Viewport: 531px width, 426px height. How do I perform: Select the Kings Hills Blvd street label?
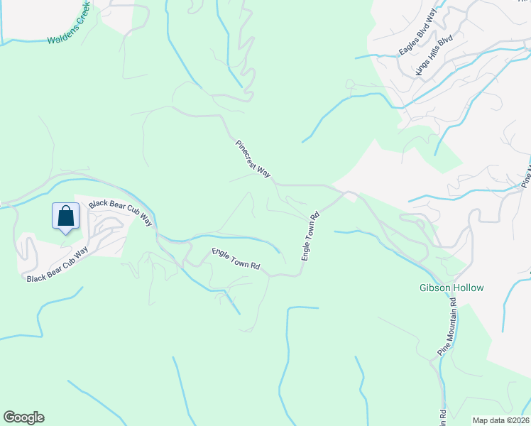434,54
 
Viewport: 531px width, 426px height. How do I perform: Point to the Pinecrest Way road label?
253,158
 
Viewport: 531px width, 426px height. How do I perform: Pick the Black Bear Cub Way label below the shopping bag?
57,264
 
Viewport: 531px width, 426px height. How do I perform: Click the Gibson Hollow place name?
451,288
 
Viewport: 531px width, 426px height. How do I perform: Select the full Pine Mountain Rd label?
447,329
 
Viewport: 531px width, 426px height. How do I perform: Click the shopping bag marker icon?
65,216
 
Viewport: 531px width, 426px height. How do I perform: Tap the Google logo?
24,417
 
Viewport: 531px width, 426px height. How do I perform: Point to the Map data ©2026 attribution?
500,420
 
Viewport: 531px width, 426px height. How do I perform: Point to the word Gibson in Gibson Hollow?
434,288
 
